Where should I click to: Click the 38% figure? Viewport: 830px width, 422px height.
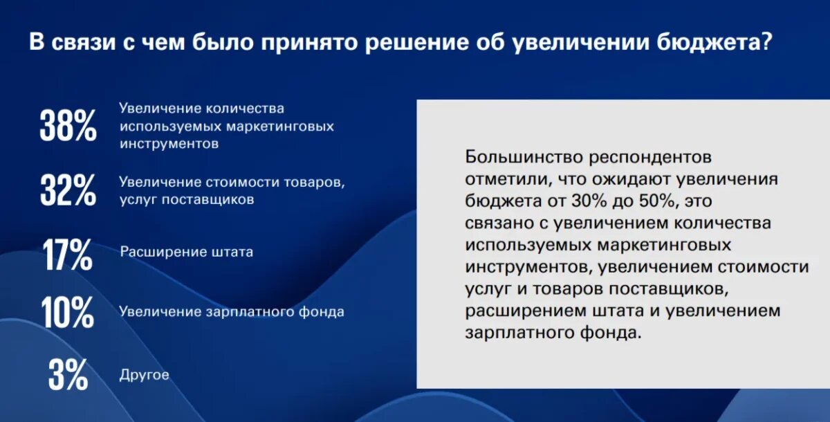pos(68,126)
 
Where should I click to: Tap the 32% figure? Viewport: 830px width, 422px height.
pos(68,190)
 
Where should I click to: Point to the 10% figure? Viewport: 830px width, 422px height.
pos(68,313)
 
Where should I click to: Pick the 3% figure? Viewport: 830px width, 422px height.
pos(68,375)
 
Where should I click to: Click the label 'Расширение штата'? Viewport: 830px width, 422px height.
pos(187,252)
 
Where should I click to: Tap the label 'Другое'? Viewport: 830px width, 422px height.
pos(144,375)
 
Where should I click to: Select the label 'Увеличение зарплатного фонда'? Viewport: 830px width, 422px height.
pos(232,311)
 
